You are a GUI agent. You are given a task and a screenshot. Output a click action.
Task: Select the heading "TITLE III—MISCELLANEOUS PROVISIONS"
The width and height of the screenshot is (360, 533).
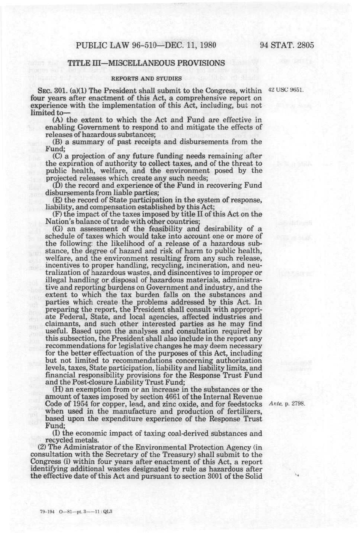coord(146,63)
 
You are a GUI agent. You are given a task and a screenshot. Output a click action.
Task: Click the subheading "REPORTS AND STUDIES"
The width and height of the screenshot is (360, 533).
coord(146,78)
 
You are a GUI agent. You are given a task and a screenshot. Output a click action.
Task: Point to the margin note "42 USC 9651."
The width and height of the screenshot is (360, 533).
coord(286,90)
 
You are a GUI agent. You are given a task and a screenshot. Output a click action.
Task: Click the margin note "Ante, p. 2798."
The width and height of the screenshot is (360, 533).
coord(287,404)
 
